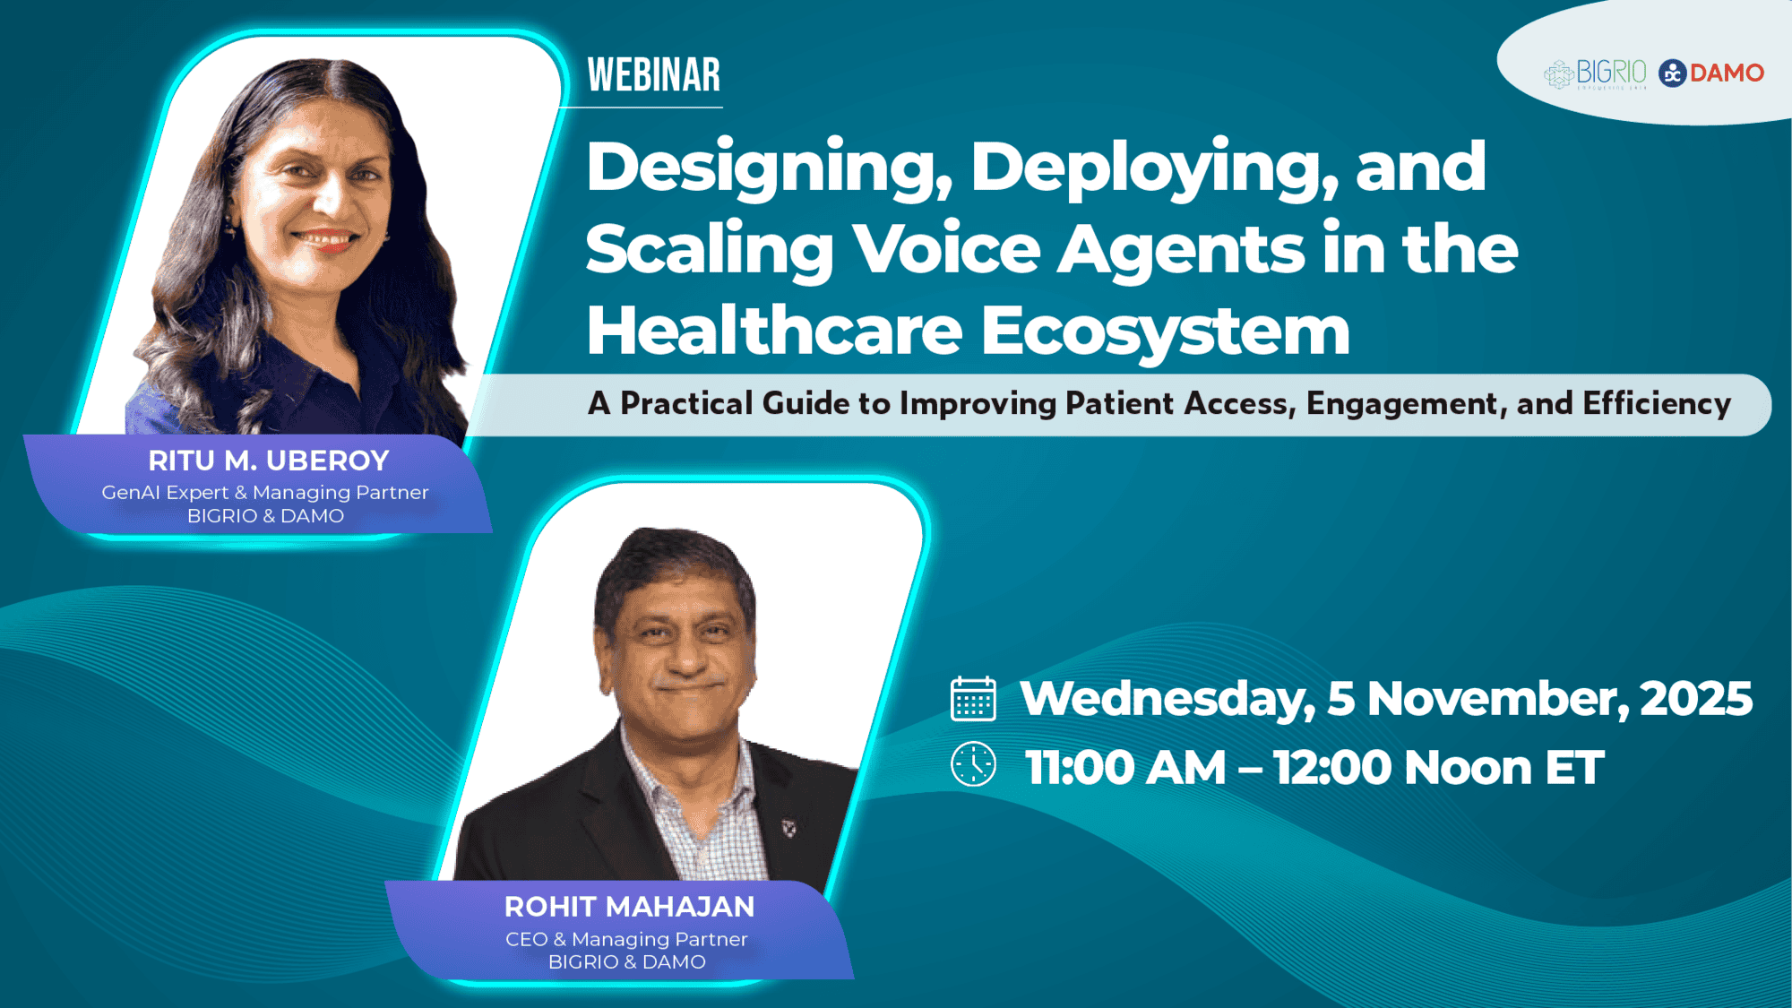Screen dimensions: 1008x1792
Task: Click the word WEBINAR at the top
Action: [x=653, y=75]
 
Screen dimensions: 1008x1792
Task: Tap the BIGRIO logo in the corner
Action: [x=1595, y=73]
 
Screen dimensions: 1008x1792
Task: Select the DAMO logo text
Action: [x=1726, y=73]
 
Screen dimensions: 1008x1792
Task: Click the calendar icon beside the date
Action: [x=973, y=699]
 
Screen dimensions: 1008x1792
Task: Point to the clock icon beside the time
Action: [x=973, y=765]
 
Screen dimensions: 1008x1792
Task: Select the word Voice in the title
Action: [x=946, y=249]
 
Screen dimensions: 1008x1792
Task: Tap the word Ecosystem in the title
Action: [x=1165, y=332]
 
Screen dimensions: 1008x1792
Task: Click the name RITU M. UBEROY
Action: [x=268, y=461]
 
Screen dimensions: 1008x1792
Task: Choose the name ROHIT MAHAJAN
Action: [x=629, y=907]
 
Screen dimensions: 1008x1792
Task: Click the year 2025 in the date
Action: [x=1695, y=699]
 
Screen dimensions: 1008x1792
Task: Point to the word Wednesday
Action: [x=1167, y=699]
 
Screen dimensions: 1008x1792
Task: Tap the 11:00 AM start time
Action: [x=1124, y=768]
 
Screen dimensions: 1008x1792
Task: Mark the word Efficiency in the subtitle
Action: [x=1657, y=404]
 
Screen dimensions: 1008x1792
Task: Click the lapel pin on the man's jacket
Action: [x=789, y=828]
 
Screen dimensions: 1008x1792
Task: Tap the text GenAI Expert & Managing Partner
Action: [x=265, y=492]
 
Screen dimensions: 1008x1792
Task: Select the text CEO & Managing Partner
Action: [x=626, y=939]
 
